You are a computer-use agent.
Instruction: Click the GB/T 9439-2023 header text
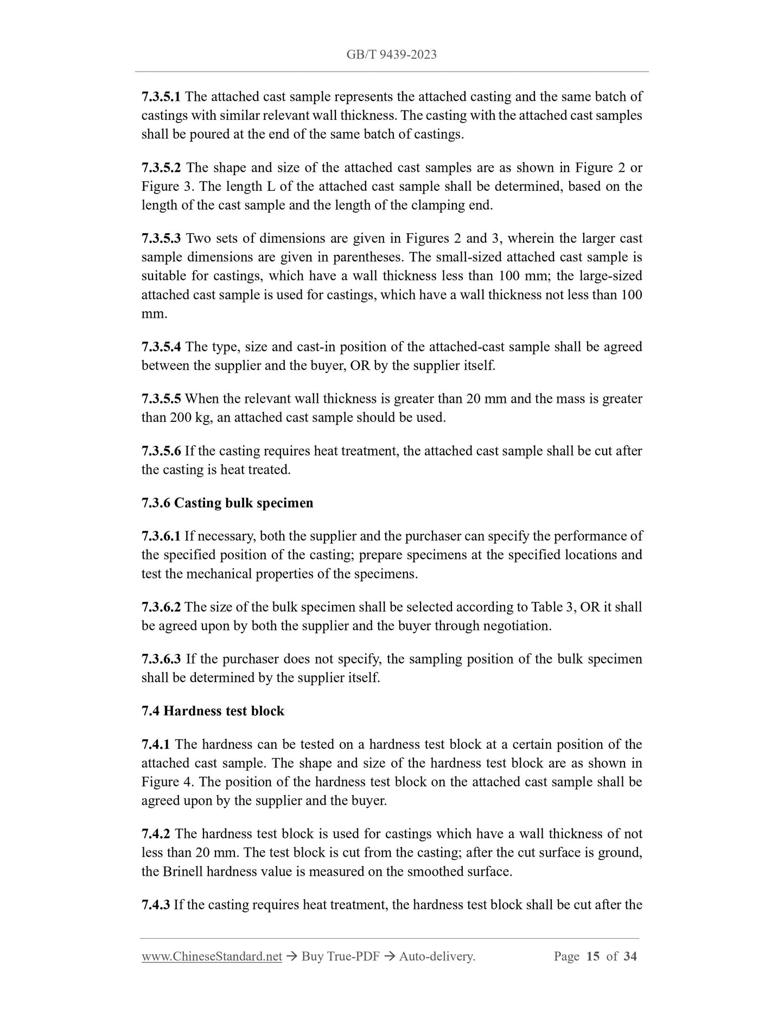pos(391,55)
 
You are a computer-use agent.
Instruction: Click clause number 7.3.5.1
pos(161,97)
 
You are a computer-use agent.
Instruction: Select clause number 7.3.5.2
pos(161,168)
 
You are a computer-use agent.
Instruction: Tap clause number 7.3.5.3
pos(161,239)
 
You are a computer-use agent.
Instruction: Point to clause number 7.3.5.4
pos(161,347)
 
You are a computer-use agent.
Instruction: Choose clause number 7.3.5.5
pos(161,399)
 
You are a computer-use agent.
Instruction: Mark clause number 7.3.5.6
pos(161,451)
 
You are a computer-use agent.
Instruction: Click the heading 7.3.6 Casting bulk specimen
pos(227,503)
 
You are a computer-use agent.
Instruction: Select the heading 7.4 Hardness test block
pos(213,711)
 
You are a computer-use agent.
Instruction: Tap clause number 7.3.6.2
pos(161,607)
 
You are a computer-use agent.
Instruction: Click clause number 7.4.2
pos(156,833)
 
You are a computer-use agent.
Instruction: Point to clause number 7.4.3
pos(156,904)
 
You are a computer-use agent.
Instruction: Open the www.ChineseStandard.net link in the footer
pos(212,957)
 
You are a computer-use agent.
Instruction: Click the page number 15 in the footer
pos(593,957)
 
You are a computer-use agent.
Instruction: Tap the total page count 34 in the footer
pos(630,957)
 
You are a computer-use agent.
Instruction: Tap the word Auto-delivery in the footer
pos(436,957)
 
